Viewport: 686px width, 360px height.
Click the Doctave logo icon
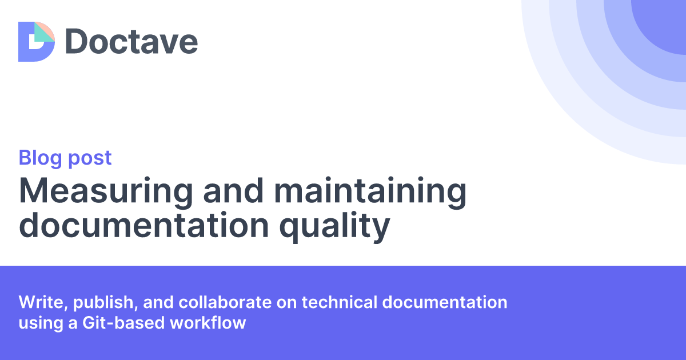tap(37, 41)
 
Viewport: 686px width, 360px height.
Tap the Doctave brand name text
tap(131, 42)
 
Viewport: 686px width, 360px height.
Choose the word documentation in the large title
tap(143, 226)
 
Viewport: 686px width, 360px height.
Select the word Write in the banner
tap(38, 302)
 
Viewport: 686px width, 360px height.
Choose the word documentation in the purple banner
tap(445, 302)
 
